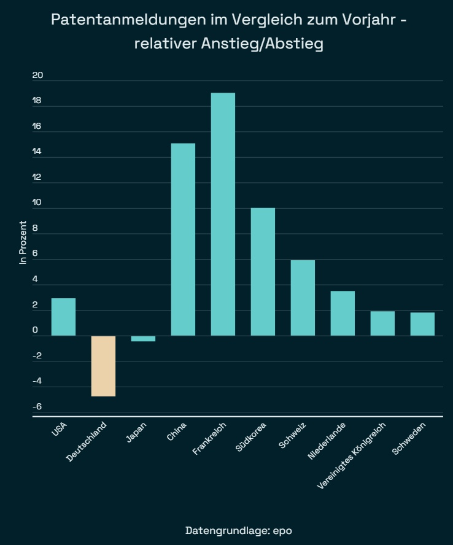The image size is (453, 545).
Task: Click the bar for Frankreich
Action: pos(223,214)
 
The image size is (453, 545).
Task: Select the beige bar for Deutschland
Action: pos(103,366)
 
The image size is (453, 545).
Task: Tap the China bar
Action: pos(183,239)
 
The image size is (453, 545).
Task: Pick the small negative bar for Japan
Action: pos(143,338)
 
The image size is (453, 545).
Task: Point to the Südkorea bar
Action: pos(263,272)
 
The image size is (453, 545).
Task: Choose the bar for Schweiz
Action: pos(303,298)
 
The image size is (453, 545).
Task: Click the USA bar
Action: pos(63,317)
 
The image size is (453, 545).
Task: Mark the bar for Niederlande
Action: pos(343,313)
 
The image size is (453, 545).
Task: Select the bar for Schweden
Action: pos(422,324)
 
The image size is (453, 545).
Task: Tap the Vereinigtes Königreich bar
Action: pos(382,323)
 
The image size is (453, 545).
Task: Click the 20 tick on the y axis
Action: pos(38,75)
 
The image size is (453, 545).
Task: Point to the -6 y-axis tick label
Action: pos(37,406)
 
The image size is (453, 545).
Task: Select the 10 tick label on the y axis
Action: pos(38,203)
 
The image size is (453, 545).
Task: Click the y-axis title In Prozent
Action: pos(23,242)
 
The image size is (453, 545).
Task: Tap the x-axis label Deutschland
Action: pos(87,442)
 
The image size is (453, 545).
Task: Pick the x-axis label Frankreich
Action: pos(210,438)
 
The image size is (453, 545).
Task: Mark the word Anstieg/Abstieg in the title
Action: pos(262,44)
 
